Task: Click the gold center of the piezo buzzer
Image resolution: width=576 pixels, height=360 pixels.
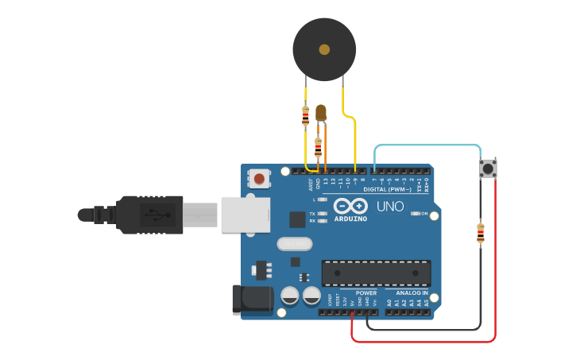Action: coord(324,49)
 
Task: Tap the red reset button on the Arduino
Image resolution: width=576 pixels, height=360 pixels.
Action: coord(259,178)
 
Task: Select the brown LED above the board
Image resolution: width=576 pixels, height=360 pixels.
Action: coord(321,113)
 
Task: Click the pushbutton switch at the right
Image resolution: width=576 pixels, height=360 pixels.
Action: coord(488,168)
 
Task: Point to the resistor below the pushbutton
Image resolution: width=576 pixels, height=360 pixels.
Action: coord(481,233)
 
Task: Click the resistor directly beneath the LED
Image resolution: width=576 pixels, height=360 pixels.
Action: coord(318,146)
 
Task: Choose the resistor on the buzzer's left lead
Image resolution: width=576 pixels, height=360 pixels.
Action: coord(305,116)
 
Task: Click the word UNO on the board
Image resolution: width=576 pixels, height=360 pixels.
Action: coord(389,207)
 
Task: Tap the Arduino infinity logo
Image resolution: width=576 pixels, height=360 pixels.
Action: coord(350,206)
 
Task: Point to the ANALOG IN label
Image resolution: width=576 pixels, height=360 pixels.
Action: coord(412,293)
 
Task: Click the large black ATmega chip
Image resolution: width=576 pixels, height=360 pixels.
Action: coord(376,273)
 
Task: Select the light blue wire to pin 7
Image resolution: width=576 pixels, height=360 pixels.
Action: coord(429,146)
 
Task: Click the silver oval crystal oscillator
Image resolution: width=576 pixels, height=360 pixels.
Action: coord(296,244)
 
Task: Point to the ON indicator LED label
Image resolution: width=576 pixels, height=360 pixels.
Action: coord(424,214)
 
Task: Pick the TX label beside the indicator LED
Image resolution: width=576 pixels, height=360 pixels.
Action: coord(312,215)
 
